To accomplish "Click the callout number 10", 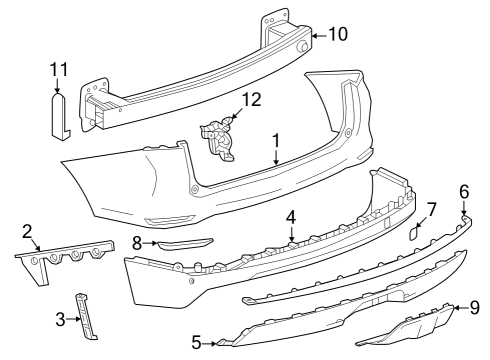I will click(338, 33).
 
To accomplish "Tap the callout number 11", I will click(59, 70).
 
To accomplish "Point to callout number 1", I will click(275, 141).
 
